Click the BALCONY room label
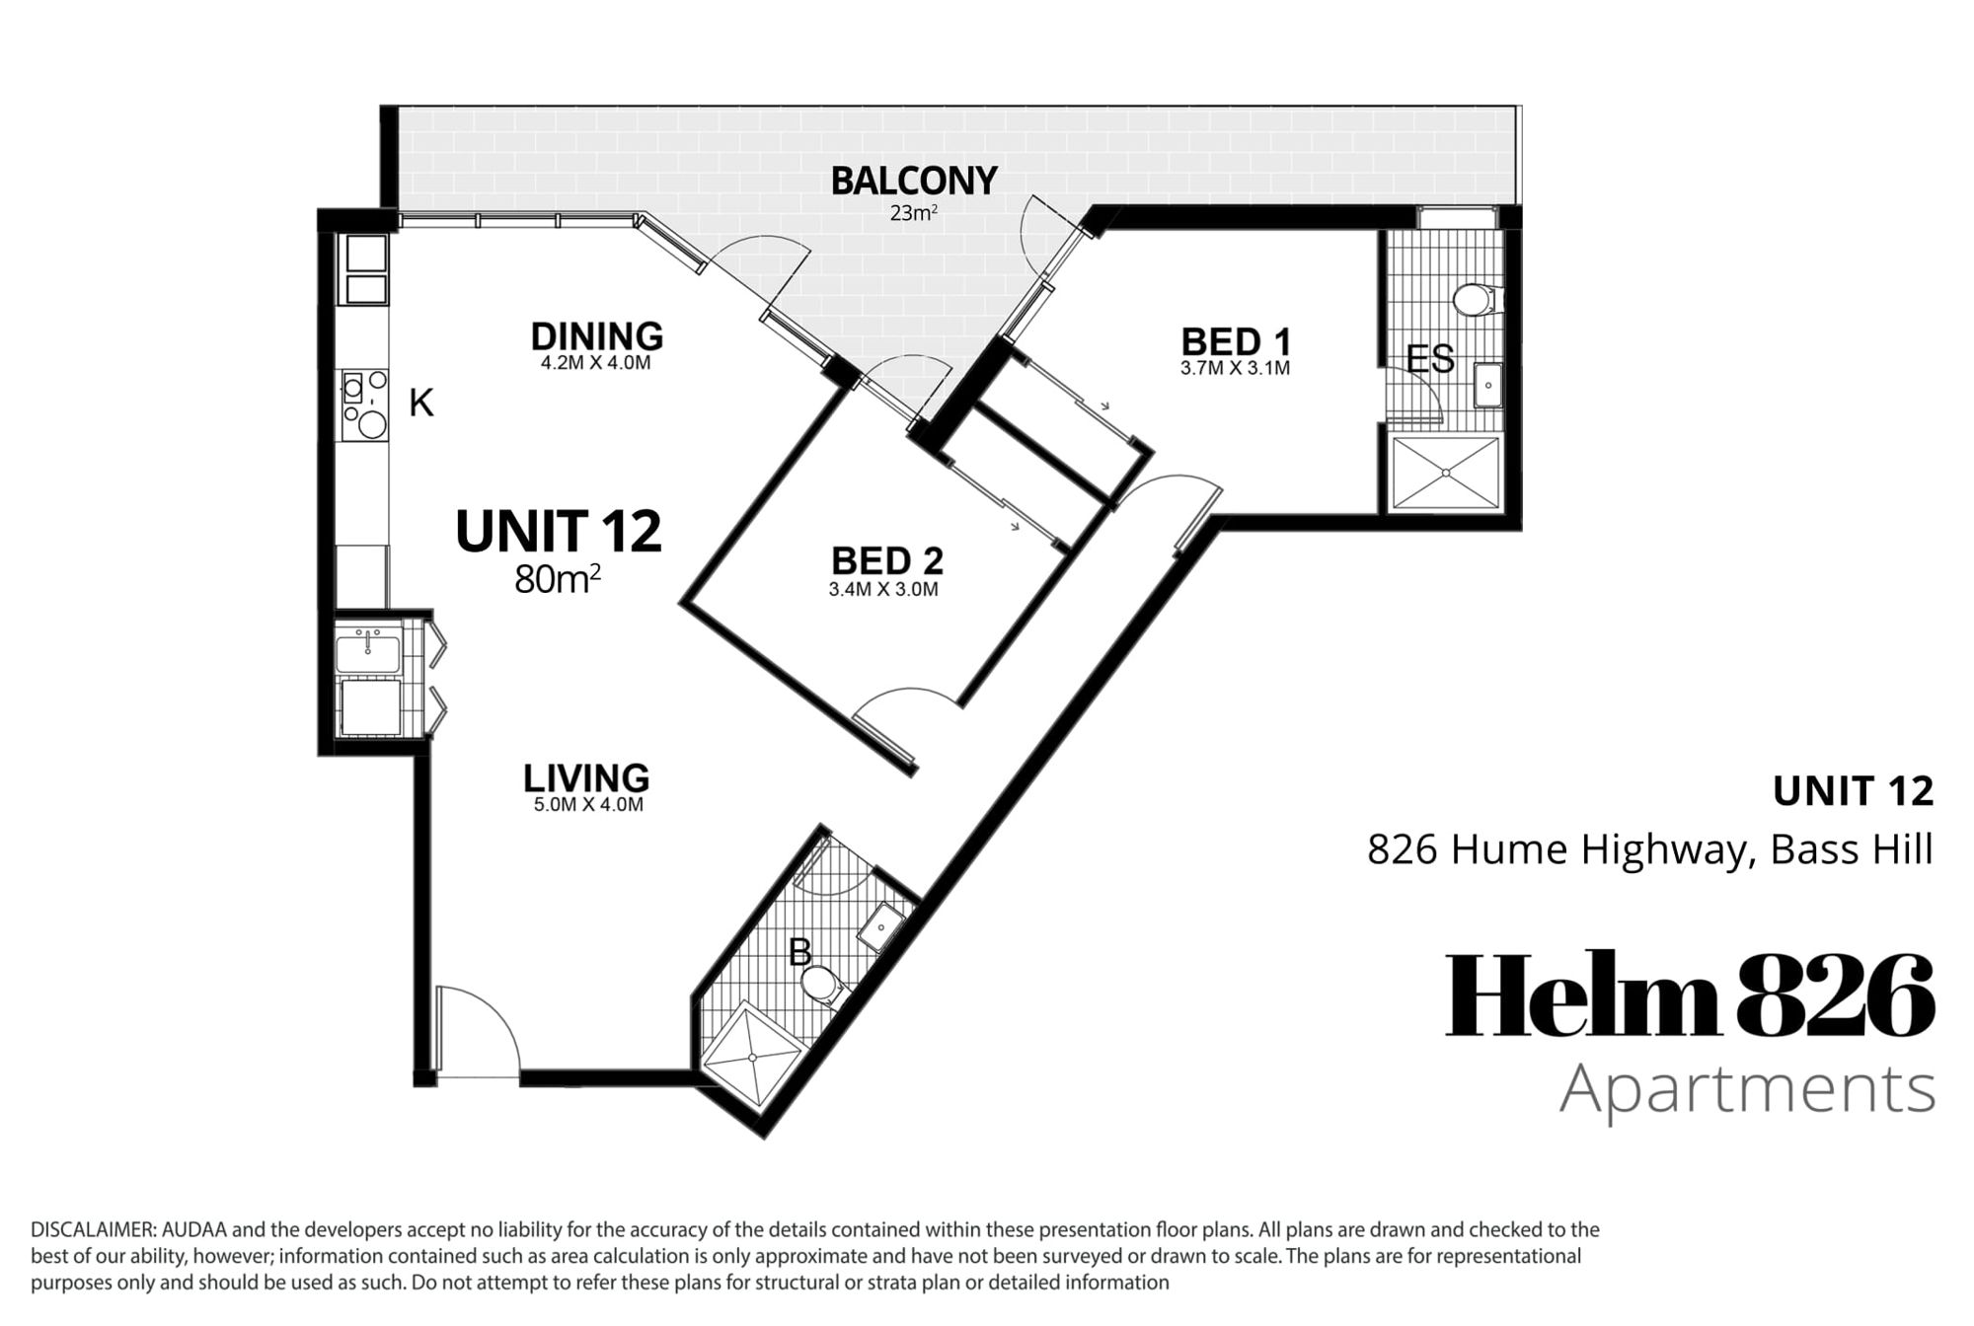[914, 181]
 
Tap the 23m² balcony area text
[913, 212]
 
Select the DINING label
[596, 336]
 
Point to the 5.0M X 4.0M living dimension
[588, 804]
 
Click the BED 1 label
[1236, 341]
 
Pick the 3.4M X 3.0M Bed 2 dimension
[883, 590]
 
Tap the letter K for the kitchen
[421, 403]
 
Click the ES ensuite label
[1430, 359]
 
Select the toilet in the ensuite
[1477, 299]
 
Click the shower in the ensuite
[1445, 474]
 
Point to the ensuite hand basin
[1487, 385]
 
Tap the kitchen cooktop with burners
[363, 405]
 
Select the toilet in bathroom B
[821, 985]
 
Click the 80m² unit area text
[558, 579]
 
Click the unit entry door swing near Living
[478, 1026]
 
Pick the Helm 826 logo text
[1690, 994]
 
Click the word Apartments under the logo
[1747, 1090]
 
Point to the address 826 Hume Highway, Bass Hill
[1649, 849]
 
